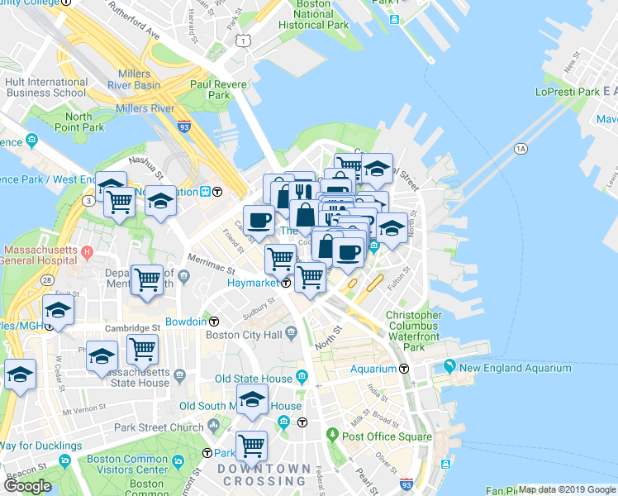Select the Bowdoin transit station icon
click(x=214, y=321)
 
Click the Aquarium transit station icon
click(x=405, y=369)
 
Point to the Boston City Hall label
click(x=243, y=335)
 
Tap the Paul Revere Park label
click(x=210, y=89)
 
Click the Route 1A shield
click(x=520, y=149)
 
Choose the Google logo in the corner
click(x=27, y=486)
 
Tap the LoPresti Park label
click(x=565, y=92)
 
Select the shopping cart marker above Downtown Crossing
click(x=252, y=445)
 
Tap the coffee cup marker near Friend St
click(x=259, y=220)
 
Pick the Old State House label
click(x=253, y=379)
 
